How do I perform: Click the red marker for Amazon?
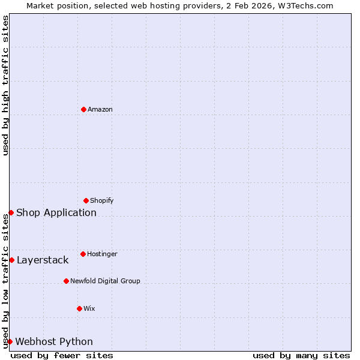tap(83, 109)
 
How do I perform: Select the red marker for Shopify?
tap(86, 200)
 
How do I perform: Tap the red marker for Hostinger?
tap(83, 254)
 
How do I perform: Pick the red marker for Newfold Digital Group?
tap(66, 281)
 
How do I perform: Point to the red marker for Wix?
tap(79, 308)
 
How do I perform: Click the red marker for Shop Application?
tap(11, 212)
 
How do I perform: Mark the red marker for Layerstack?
tap(11, 260)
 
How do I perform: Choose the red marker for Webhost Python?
tap(10, 341)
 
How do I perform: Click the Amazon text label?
tap(100, 109)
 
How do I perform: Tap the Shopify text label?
tap(102, 200)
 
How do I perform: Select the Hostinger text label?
tap(102, 254)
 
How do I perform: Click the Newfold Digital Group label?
tap(105, 281)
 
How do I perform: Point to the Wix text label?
tap(89, 308)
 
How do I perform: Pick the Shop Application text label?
tap(56, 212)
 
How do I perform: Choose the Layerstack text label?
tap(43, 260)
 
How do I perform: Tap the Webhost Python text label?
tap(54, 341)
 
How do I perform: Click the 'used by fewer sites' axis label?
tap(62, 355)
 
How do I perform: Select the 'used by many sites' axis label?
tap(301, 355)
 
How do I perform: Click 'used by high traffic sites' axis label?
tap(5, 85)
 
